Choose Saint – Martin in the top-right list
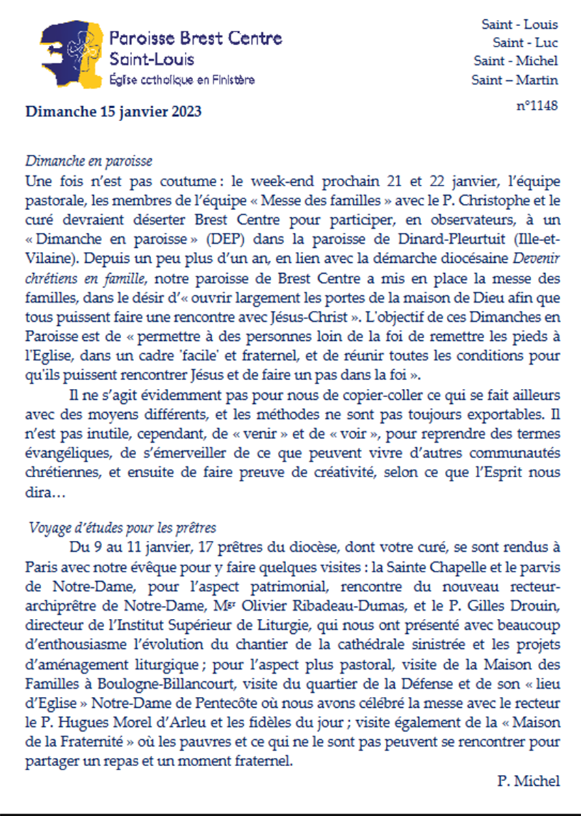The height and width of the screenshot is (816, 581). [515, 79]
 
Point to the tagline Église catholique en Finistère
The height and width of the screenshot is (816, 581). [183, 80]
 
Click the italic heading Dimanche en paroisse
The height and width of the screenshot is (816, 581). [88, 162]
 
